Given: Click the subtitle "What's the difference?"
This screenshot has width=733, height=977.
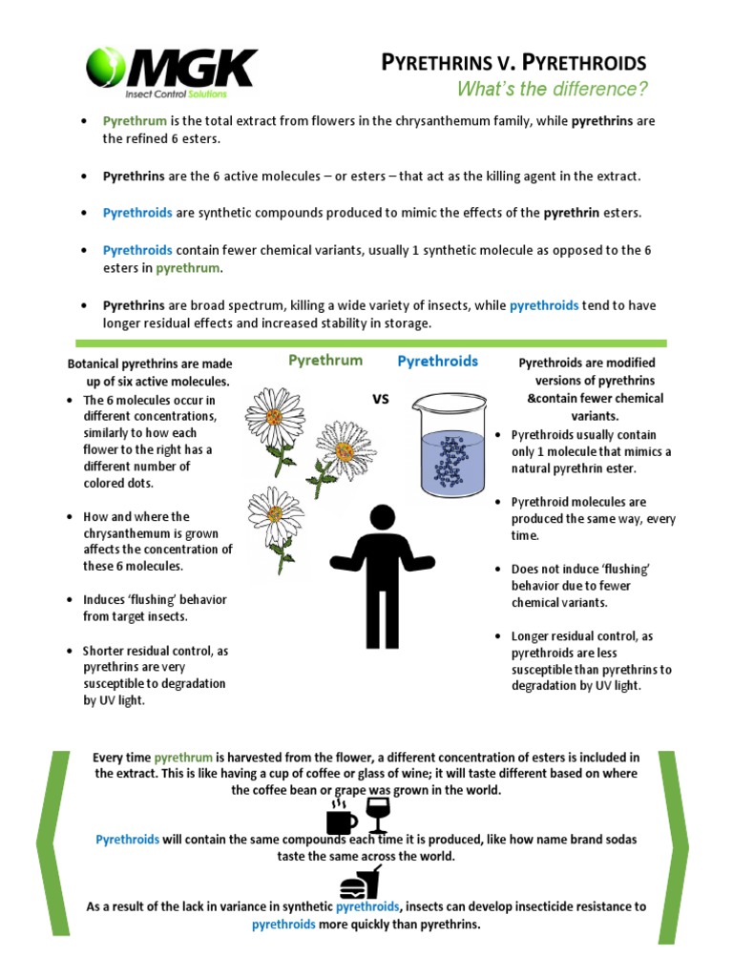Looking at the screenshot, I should pos(553,90).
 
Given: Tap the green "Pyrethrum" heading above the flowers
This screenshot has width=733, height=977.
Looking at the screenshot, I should pos(325,361).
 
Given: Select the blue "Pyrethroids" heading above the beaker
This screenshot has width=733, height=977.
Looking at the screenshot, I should pos(437,361).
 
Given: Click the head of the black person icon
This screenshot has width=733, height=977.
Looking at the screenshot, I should pos(381,519).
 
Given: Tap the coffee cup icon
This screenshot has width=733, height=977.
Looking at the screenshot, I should pos(341,819).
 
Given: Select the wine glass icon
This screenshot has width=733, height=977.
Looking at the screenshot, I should pos(378,815).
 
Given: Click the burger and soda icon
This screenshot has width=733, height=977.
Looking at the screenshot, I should pos(360,883).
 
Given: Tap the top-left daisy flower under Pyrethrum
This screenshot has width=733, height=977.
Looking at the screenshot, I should pos(275,418).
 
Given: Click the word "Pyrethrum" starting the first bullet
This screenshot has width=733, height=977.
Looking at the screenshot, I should pos(135,122).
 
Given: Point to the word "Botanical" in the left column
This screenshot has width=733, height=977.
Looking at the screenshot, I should pos(97,364).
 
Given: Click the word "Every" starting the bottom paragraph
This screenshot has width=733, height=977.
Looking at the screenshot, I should pos(109,757).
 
